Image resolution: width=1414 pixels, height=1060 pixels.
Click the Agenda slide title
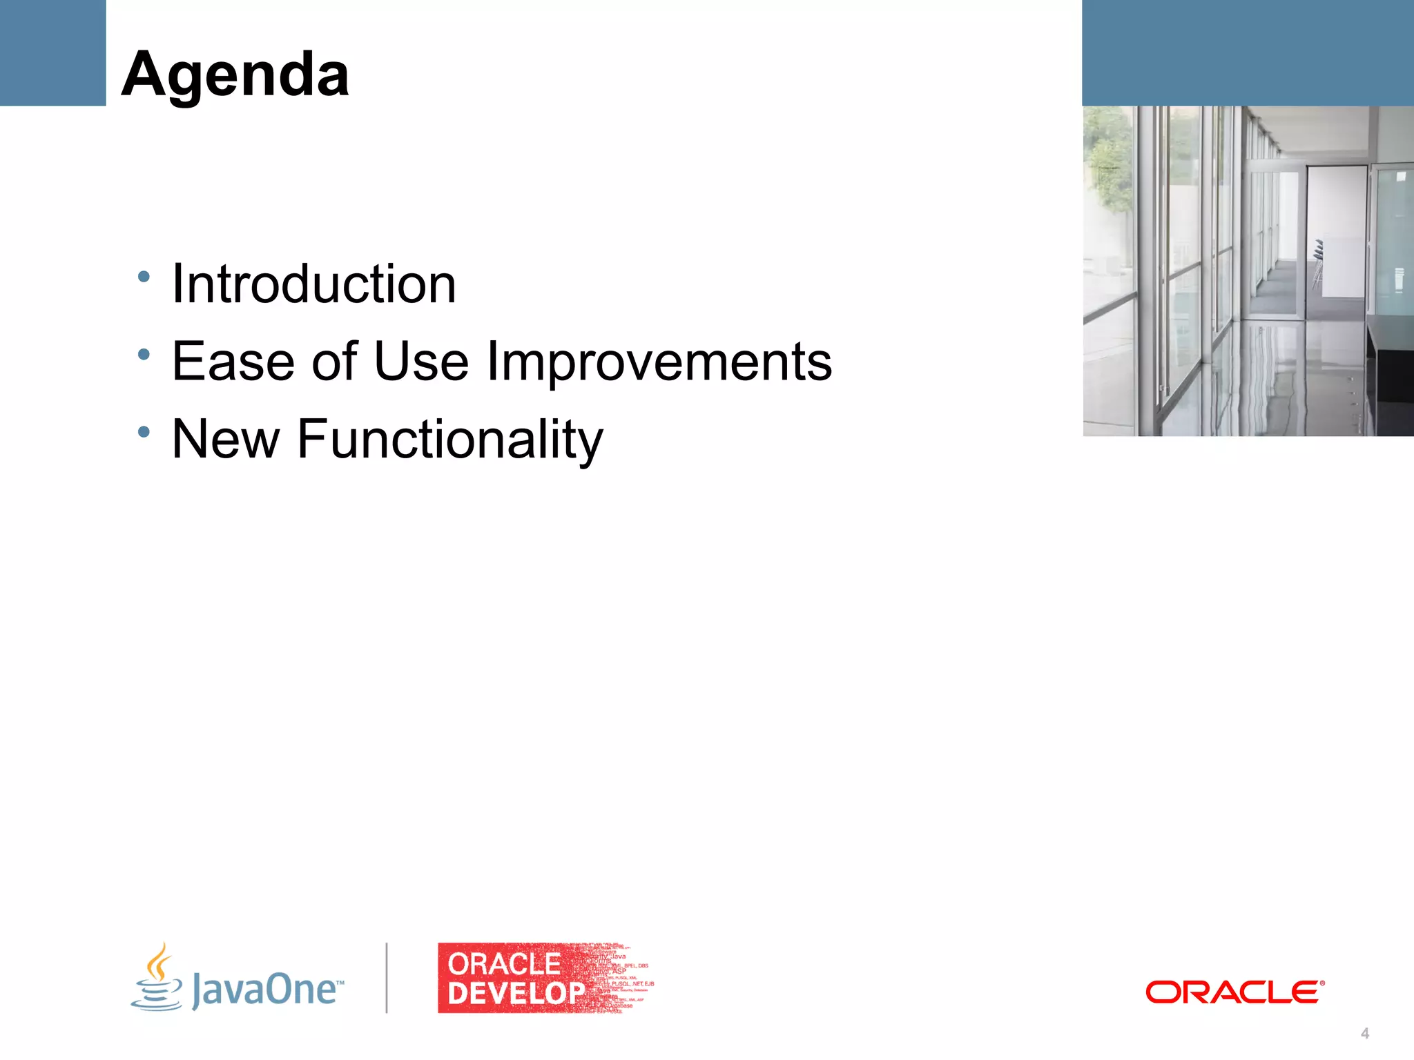[235, 75]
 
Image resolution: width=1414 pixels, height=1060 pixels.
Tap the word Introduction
[313, 284]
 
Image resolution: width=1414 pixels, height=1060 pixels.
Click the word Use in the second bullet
[421, 361]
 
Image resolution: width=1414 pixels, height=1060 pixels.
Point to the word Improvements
[659, 362]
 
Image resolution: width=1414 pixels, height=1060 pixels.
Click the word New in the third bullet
[225, 439]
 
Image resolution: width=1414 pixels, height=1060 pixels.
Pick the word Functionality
[449, 440]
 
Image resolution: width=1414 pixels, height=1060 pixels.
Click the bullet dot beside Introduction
[144, 277]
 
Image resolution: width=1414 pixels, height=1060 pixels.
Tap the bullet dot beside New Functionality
[144, 432]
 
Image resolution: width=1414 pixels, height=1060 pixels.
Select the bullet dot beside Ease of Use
[144, 355]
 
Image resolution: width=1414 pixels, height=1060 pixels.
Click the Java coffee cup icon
[157, 978]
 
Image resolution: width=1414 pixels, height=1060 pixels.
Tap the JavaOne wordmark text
[266, 989]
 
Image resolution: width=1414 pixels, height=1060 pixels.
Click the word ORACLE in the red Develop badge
[504, 963]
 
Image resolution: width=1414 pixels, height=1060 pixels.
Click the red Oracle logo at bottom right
[1234, 992]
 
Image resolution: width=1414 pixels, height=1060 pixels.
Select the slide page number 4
[1364, 1033]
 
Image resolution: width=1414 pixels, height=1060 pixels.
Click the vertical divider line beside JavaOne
[387, 978]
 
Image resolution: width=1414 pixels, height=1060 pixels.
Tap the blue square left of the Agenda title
[52, 52]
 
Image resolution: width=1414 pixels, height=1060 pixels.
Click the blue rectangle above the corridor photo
[1248, 52]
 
